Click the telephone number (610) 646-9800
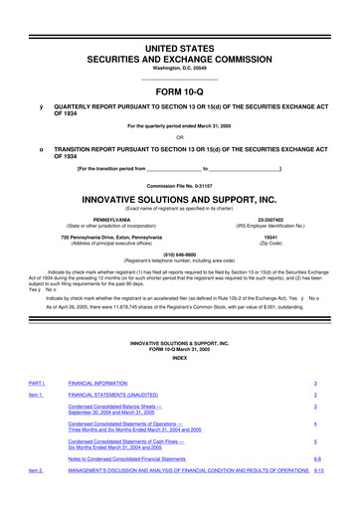180,253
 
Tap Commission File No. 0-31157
180,184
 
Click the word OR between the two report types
180,137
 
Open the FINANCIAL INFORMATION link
103,383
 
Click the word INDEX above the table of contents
180,358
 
